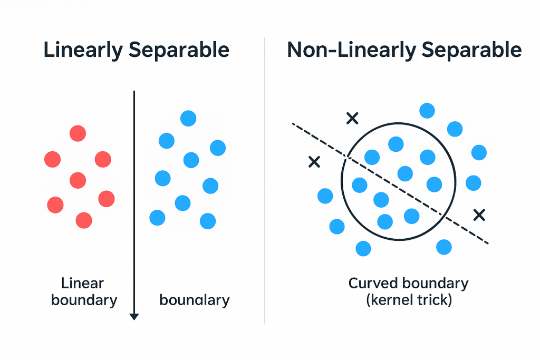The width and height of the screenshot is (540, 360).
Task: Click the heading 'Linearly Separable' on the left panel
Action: (136, 50)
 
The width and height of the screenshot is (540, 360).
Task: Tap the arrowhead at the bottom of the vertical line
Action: (134, 316)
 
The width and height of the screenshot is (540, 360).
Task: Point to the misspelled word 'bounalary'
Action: (195, 300)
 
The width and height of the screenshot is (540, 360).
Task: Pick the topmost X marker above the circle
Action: (352, 119)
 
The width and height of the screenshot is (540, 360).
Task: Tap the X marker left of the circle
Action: (314, 162)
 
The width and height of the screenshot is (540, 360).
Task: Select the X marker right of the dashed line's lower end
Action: (479, 215)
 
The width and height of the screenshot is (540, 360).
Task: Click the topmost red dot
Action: (78, 133)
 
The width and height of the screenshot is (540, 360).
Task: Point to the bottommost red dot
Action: (84, 220)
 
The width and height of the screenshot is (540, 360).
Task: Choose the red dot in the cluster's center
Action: (78, 180)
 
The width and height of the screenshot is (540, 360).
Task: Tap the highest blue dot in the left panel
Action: (188, 119)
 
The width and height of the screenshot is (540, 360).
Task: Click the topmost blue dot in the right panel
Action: (427, 111)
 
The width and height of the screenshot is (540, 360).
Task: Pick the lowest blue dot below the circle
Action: (363, 248)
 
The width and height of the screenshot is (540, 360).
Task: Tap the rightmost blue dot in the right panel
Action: (479, 152)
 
